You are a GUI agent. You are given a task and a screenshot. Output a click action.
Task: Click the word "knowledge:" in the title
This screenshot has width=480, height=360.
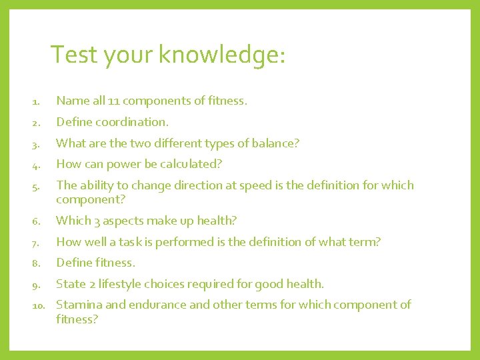pyautogui.click(x=222, y=55)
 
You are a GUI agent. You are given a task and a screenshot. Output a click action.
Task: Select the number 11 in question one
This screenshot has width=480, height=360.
pyautogui.click(x=113, y=101)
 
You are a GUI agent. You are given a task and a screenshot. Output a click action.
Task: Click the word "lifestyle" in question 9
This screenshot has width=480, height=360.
pyautogui.click(x=121, y=284)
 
